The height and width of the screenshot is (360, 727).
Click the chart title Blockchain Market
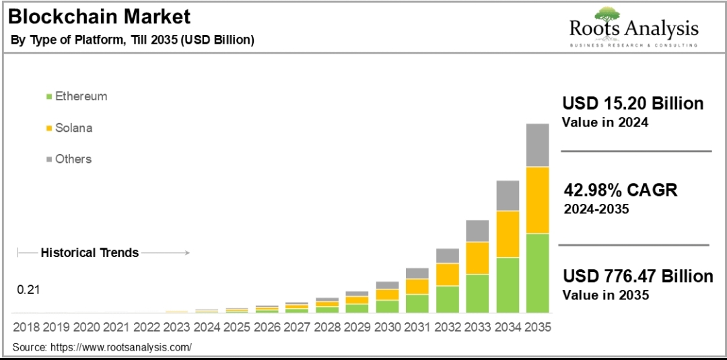(99, 16)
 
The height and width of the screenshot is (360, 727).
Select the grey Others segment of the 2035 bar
(537, 145)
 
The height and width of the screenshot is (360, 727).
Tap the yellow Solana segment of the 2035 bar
(537, 200)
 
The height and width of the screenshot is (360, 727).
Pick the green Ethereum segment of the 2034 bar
(508, 285)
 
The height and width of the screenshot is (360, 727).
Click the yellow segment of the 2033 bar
(477, 258)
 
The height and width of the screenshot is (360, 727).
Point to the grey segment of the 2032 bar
(448, 256)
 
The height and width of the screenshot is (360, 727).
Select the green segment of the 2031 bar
(417, 303)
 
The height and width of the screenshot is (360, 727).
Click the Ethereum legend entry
(81, 96)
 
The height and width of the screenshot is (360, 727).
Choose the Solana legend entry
(73, 128)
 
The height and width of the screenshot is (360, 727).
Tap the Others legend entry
(73, 159)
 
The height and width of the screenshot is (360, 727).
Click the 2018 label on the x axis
(26, 327)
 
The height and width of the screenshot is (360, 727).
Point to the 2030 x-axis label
(387, 327)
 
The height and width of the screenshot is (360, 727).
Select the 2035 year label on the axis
(537, 327)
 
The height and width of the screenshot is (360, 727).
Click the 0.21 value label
(29, 290)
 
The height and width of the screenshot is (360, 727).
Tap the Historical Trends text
(90, 253)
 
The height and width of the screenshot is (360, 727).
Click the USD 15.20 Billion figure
(633, 104)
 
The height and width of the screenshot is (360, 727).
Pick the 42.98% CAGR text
(620, 190)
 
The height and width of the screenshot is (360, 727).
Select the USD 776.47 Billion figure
(637, 277)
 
